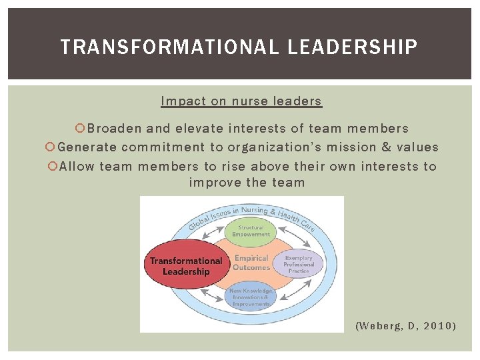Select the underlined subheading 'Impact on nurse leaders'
coord(241,101)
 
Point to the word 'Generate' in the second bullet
coord(87,147)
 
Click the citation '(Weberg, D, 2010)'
coord(406,325)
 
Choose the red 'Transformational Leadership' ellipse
coord(185,265)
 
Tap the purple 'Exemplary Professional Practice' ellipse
coord(298,265)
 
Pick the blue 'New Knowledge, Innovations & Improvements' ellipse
coord(250,297)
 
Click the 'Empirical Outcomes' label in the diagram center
coord(251,263)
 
